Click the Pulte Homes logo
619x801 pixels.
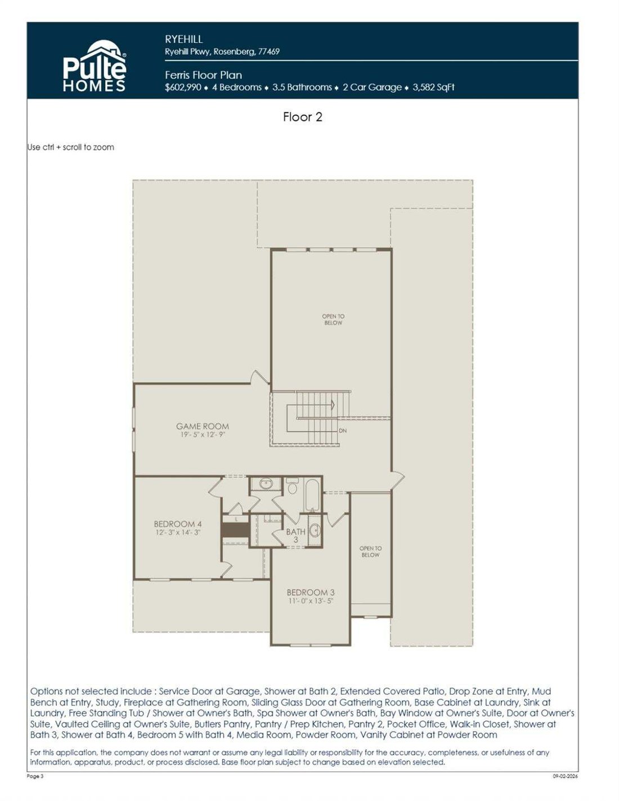click(95, 66)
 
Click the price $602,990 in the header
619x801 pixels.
click(183, 87)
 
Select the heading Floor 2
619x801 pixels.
click(303, 117)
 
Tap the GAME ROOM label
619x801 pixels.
click(202, 426)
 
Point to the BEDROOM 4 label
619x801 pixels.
click(177, 524)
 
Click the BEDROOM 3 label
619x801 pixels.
click(311, 592)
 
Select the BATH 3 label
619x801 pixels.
click(296, 535)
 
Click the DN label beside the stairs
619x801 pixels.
click(343, 431)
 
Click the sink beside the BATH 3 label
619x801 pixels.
click(315, 531)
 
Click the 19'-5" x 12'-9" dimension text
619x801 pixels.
click(203, 435)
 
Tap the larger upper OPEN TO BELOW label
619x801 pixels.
click(333, 320)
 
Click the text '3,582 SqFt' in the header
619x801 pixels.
click(433, 87)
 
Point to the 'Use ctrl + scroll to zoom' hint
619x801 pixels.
click(71, 147)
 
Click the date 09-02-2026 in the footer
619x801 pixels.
click(565, 776)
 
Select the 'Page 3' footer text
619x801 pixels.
click(35, 776)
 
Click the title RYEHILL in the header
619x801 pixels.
click(183, 39)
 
